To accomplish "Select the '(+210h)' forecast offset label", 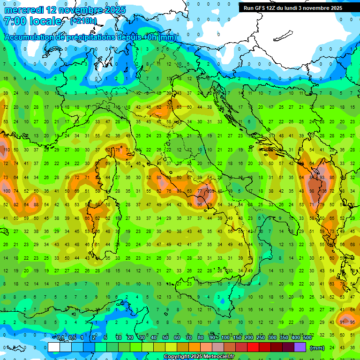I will click(x=83, y=21).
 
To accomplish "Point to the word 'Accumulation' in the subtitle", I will click(x=29, y=37).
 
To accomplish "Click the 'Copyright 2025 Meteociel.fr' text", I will click(x=199, y=357).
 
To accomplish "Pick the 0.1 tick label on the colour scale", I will click(x=60, y=338).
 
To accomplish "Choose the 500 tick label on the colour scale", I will click(x=307, y=338).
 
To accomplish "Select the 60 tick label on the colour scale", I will click(x=177, y=338).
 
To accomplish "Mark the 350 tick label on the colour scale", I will click(x=284, y=338).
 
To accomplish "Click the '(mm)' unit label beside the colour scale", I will click(x=317, y=348).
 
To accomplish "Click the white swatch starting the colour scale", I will click(x=54, y=347).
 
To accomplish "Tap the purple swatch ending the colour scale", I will click(x=300, y=347).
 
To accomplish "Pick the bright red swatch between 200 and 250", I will click(x=254, y=347).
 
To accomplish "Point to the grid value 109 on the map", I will click(x=210, y=191).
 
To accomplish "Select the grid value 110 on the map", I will click(x=6, y=150).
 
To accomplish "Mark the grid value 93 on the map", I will click(x=322, y=177).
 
